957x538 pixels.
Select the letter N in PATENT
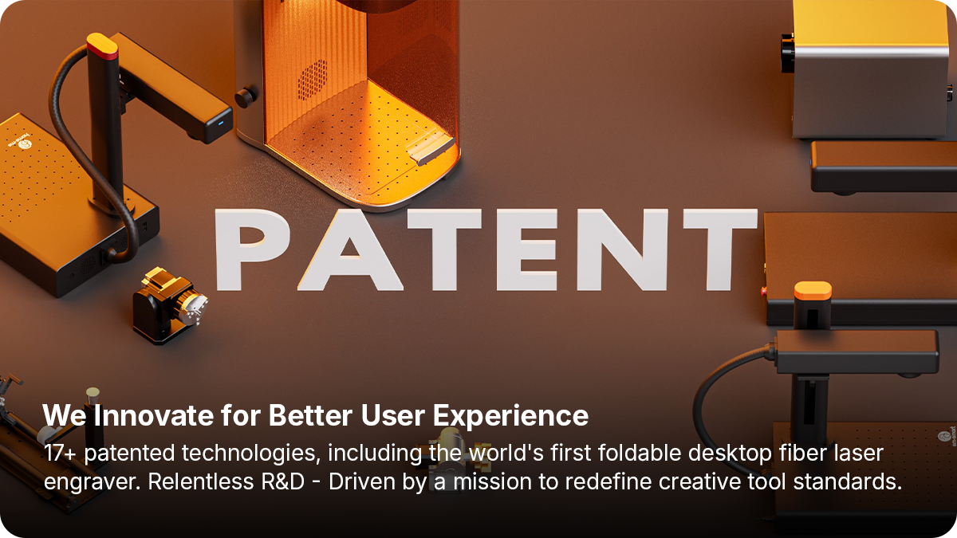[622, 249]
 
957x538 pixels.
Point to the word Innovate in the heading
[153, 415]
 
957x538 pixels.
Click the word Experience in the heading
[511, 416]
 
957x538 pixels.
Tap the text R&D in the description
[282, 481]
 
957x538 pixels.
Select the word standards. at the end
[848, 481]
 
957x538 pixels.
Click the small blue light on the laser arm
[221, 123]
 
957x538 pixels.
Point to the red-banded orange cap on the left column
[103, 46]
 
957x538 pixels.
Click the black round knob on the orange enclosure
[244, 98]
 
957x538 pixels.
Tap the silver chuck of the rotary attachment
[195, 308]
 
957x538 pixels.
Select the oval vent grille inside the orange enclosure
[313, 81]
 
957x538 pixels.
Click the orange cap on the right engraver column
[813, 291]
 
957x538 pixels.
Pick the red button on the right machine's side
[763, 292]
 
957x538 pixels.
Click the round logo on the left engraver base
[26, 145]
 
